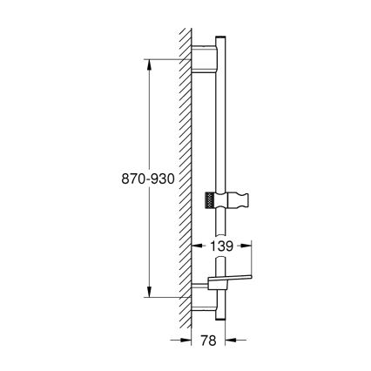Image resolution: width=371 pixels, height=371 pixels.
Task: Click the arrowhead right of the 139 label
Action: (x=253, y=247)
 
